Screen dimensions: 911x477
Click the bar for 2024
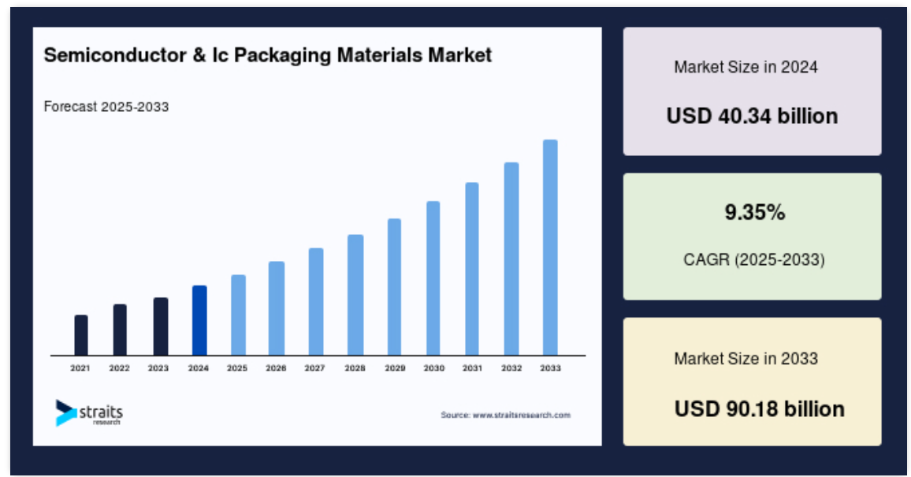199,320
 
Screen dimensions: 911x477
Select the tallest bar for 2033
550,248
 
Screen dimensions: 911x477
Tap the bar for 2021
81,335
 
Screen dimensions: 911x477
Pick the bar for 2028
355,295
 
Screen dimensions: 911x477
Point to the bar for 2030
433,278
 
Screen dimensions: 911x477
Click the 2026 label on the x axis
276,368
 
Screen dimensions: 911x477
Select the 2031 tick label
472,368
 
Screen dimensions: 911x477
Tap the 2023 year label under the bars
158,368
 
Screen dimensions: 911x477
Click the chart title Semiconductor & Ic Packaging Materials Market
268,55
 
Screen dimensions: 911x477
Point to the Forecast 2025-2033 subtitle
106,107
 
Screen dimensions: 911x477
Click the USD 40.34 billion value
752,116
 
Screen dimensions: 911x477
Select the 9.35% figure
755,213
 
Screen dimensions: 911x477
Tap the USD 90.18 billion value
760,409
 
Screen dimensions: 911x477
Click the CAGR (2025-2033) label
754,259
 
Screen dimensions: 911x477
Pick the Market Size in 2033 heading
746,359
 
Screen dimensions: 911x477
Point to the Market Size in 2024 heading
746,67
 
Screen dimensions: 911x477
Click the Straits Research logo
89,413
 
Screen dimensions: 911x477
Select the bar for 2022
120,330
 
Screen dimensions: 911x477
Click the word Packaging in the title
283,56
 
